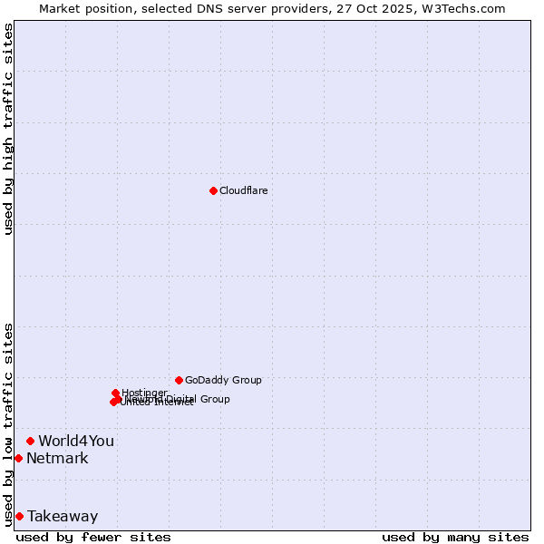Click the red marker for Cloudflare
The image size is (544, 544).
point(213,190)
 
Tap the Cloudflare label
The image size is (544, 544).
point(243,190)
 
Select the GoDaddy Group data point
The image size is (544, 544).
point(179,380)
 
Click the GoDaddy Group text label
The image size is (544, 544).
point(223,380)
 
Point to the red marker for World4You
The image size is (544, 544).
point(30,441)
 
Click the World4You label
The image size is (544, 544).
point(76,442)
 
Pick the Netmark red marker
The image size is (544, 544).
point(18,458)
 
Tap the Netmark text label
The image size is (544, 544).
point(57,459)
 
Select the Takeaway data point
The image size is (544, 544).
point(19,516)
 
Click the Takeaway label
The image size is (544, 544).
point(63,517)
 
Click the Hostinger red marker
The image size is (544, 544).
point(115,393)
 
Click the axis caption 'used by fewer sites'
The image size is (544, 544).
point(93,537)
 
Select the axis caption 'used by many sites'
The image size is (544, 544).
point(455,537)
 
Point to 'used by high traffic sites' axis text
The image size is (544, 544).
point(9,129)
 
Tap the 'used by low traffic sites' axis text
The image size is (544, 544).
point(9,423)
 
